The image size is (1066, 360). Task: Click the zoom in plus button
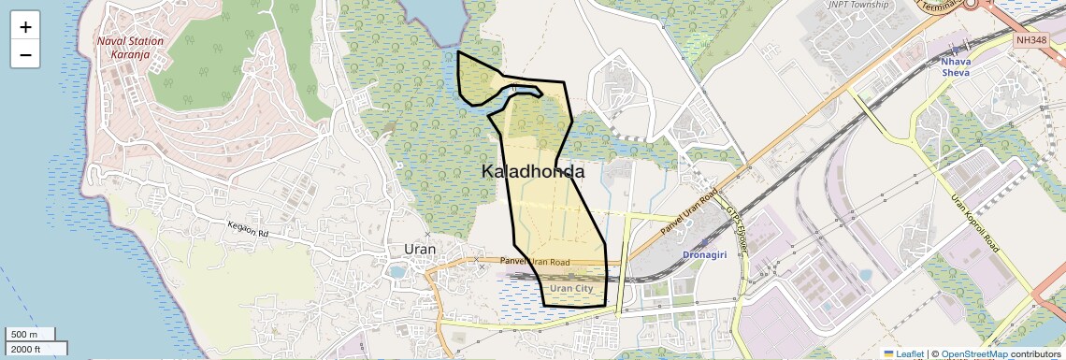25,27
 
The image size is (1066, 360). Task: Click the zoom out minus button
25,54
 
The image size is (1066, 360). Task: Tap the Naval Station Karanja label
130,48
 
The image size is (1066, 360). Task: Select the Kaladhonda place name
533,172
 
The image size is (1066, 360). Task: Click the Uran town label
420,249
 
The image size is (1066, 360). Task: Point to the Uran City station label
571,289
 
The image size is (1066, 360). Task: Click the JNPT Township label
861,5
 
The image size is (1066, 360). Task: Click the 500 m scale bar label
24,335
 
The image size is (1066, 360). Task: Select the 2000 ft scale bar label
26,349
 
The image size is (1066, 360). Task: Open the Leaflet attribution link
904,353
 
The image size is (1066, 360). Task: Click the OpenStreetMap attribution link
974,353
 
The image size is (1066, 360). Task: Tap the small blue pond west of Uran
397,272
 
